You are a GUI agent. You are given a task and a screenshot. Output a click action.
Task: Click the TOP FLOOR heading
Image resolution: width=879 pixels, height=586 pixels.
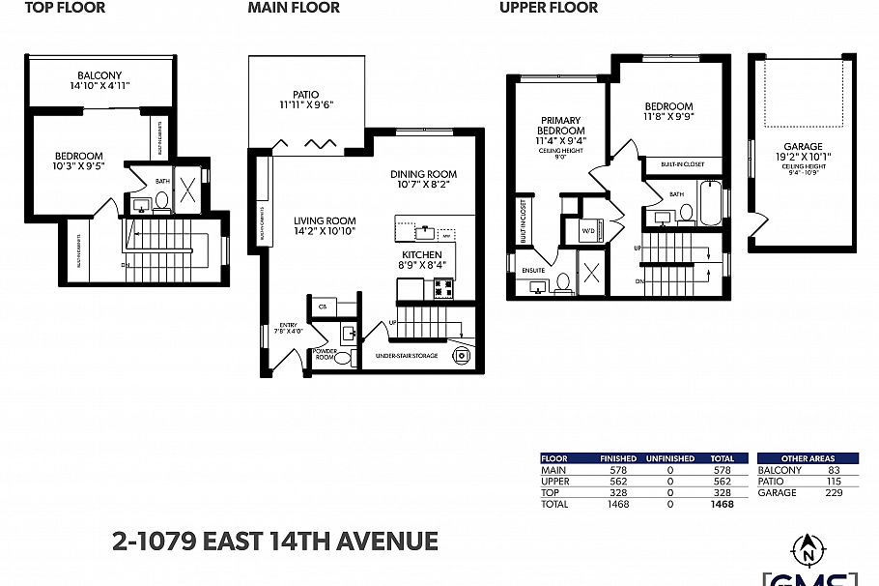tap(66, 8)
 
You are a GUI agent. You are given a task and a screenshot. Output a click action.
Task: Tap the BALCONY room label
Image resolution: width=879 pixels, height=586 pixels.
tap(101, 75)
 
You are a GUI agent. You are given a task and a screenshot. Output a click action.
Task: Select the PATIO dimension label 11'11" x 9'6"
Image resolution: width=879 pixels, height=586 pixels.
tap(307, 104)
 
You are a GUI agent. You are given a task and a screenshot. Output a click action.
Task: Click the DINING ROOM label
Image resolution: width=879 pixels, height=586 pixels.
tap(423, 175)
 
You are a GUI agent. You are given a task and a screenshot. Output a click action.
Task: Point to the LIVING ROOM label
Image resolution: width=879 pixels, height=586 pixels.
tap(325, 221)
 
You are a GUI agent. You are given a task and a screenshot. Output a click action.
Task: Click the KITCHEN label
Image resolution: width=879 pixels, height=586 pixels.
tap(422, 255)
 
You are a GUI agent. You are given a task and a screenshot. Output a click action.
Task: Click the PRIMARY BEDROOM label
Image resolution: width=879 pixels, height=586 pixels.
tap(561, 125)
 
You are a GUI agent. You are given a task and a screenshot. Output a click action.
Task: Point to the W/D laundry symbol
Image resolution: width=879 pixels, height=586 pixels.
tap(588, 231)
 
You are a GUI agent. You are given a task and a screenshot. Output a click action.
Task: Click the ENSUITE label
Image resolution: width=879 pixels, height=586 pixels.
tap(533, 271)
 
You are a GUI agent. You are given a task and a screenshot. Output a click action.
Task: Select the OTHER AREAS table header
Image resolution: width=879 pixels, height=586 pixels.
tap(808, 458)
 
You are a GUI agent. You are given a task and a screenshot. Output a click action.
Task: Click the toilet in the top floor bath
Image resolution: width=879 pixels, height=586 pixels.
tap(162, 202)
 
